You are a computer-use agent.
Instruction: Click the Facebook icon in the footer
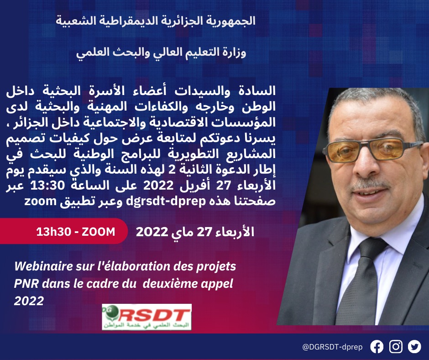pos(377,347)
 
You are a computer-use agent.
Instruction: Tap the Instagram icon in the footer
pos(396,347)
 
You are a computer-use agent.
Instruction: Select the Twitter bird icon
pos(414,347)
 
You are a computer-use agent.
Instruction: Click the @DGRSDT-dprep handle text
pos(332,347)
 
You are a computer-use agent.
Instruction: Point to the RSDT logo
pos(146,317)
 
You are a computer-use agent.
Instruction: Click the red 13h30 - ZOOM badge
pos(75,232)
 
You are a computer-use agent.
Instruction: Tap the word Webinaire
pos(40,267)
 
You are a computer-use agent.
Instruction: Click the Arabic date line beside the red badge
pos(195,232)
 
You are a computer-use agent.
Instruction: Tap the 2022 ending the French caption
pos(29,301)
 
